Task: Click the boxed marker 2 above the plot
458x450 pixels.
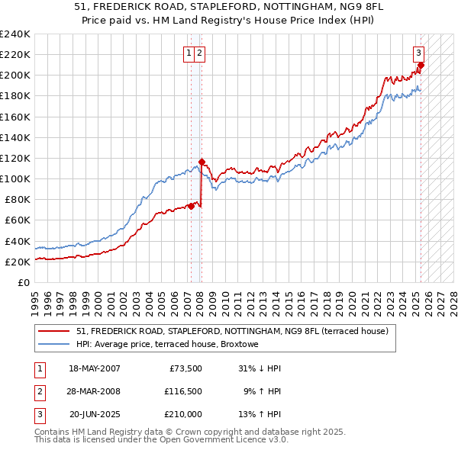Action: click(198, 53)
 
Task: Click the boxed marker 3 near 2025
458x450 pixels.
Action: click(419, 53)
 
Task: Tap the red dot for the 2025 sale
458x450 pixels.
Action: click(421, 65)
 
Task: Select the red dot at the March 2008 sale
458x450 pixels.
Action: click(202, 162)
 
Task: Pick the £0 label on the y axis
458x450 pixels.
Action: click(24, 282)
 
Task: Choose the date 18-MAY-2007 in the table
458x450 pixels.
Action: click(95, 368)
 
